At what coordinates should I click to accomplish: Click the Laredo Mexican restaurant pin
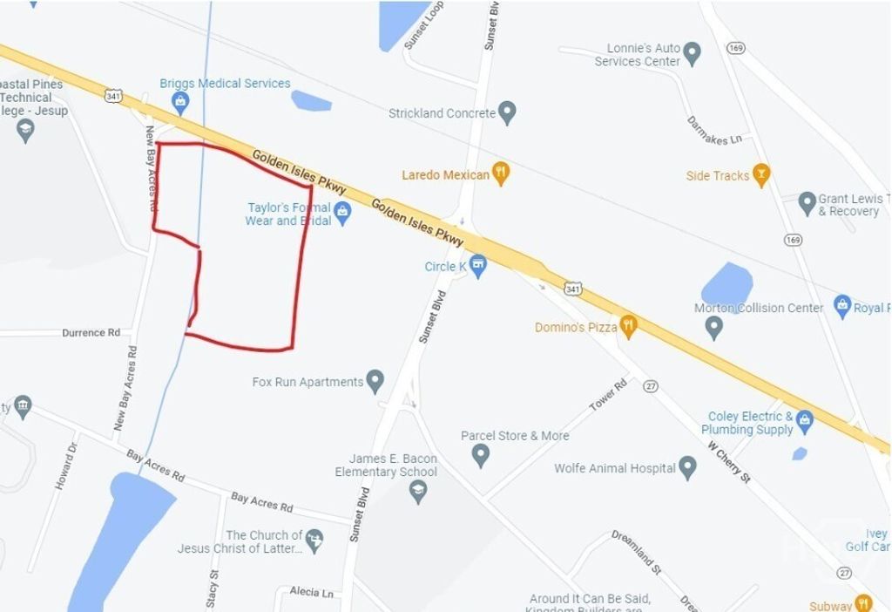point(500,173)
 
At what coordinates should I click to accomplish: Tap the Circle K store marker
point(477,264)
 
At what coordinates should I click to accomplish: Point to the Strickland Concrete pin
point(508,112)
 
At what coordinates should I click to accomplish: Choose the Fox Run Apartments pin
point(375,380)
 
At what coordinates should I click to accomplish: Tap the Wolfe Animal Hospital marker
point(688,467)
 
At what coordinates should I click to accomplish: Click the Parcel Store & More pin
point(480,453)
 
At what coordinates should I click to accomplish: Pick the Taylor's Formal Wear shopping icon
point(342,212)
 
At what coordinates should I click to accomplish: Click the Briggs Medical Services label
point(225,84)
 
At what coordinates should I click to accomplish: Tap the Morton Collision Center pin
point(713,327)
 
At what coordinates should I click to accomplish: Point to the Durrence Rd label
point(91,333)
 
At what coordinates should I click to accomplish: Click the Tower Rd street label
point(608,398)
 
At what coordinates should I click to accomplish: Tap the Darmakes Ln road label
point(713,129)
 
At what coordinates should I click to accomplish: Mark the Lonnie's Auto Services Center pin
point(693,54)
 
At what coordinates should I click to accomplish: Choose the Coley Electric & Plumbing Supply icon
point(804,421)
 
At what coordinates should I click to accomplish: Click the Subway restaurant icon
point(863,602)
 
